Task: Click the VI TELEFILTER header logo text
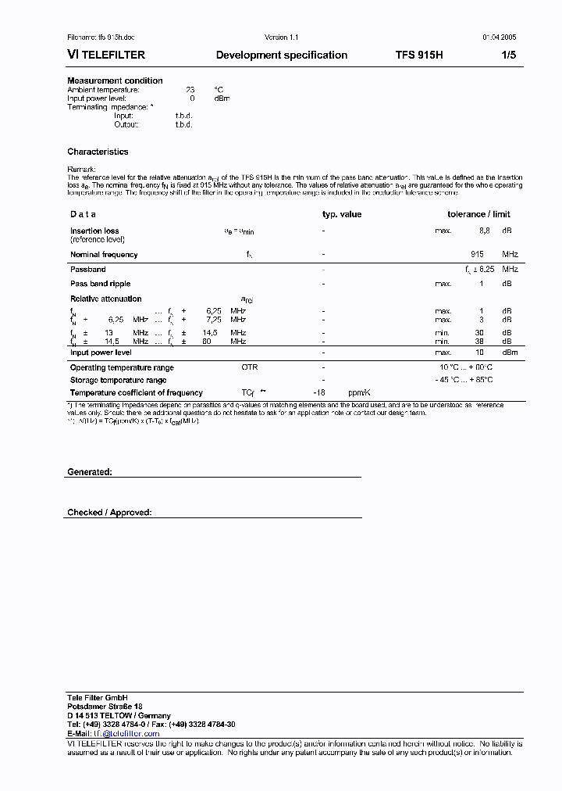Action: pyautogui.click(x=106, y=55)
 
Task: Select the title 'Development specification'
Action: pyautogui.click(x=281, y=55)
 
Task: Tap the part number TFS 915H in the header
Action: pyautogui.click(x=419, y=55)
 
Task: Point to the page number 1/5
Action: pyautogui.click(x=508, y=55)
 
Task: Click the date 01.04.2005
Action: pyautogui.click(x=499, y=38)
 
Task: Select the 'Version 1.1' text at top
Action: pyautogui.click(x=281, y=38)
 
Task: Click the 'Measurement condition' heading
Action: pyautogui.click(x=115, y=81)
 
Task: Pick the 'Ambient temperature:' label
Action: pyautogui.click(x=103, y=90)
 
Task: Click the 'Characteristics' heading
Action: pyautogui.click(x=98, y=152)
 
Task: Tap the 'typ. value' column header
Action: pyautogui.click(x=342, y=214)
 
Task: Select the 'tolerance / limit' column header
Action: pyautogui.click(x=478, y=214)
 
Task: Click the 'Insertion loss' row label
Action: pyautogui.click(x=94, y=231)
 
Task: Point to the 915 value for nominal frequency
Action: pyautogui.click(x=477, y=255)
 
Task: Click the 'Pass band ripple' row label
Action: pyautogui.click(x=100, y=284)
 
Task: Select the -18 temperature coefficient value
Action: pyautogui.click(x=318, y=393)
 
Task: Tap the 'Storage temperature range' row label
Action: pyautogui.click(x=118, y=380)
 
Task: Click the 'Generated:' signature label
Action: pyautogui.click(x=90, y=472)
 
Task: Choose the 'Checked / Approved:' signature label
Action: pyautogui.click(x=109, y=513)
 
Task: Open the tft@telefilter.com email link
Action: pyautogui.click(x=126, y=734)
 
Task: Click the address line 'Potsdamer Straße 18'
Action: pyautogui.click(x=105, y=707)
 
